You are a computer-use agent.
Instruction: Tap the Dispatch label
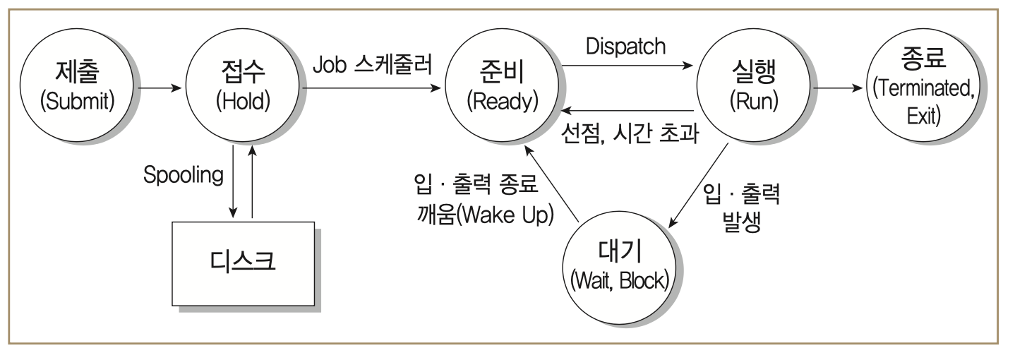625,47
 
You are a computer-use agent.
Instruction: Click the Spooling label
183,176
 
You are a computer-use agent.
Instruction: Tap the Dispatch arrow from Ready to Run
625,67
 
